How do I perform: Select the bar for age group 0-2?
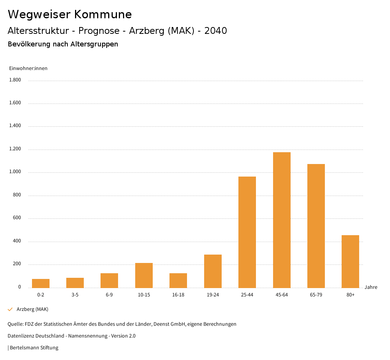[x=41, y=284]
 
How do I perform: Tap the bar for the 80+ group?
[x=350, y=261]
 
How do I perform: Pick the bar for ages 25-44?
[x=247, y=232]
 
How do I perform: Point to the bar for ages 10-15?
[x=144, y=275]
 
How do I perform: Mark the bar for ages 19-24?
[x=213, y=271]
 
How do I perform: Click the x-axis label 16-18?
[x=178, y=295]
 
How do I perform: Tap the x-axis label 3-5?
[x=75, y=295]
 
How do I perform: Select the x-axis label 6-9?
[x=109, y=295]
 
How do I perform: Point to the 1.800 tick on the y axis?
[x=15, y=80]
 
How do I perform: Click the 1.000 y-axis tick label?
[x=15, y=172]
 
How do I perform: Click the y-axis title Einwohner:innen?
[x=28, y=68]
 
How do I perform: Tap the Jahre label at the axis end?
[x=371, y=287]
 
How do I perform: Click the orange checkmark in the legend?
[x=10, y=309]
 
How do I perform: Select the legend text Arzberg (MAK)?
[x=32, y=309]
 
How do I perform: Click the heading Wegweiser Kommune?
[x=70, y=14]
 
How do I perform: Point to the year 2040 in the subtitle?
[x=216, y=31]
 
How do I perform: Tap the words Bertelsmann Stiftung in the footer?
[x=34, y=348]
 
